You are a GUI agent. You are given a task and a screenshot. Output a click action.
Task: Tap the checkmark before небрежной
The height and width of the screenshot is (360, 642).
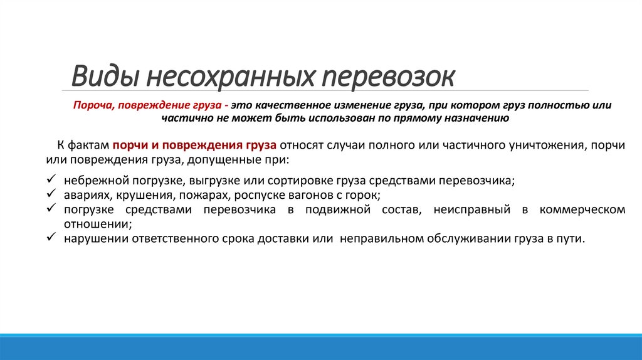(52, 180)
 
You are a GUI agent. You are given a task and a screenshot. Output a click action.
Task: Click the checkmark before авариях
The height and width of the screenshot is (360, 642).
(52, 194)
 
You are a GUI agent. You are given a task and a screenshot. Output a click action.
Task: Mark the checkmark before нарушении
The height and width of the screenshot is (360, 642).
(52, 238)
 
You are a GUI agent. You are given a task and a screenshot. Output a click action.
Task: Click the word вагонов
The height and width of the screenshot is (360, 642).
(302, 195)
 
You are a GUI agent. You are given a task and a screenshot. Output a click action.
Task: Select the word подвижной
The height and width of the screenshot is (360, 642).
(335, 209)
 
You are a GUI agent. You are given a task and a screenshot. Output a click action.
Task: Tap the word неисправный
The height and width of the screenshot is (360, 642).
(472, 209)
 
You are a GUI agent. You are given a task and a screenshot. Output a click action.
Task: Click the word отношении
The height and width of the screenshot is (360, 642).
(97, 224)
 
